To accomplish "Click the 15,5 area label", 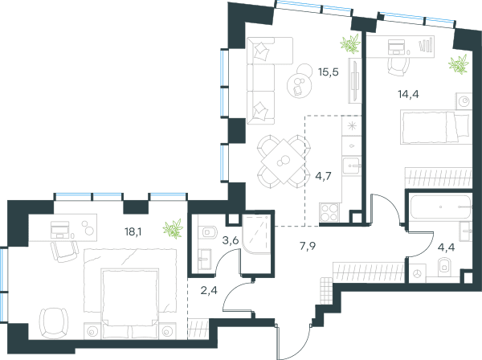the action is click(329, 72).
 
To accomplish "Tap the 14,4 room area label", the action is click(408, 94).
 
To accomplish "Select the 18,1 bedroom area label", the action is click(133, 231).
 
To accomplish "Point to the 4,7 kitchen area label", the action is click(324, 176).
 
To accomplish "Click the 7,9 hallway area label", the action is click(308, 246).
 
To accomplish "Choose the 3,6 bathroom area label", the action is click(231, 240).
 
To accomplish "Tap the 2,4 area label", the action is click(209, 290).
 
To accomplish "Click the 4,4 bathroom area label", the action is click(446, 247).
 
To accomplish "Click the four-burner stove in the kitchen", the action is click(329, 213).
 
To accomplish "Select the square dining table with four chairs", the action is click(284, 162).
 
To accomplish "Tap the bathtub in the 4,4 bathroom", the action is click(440, 207).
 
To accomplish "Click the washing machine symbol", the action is click(417, 273).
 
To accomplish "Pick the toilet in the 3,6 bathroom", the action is click(207, 231).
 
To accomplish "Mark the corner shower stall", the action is click(256, 235).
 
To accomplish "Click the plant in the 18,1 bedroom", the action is click(173, 229).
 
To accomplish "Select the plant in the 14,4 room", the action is click(459, 64).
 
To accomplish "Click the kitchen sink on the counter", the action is click(352, 166).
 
